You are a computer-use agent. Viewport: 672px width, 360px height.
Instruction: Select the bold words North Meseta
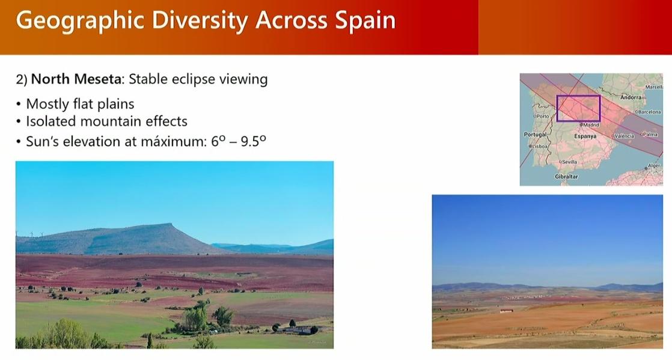point(77,79)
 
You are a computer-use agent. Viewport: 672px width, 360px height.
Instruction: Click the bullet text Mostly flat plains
point(80,104)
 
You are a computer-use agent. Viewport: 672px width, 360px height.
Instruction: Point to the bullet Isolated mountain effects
point(107,121)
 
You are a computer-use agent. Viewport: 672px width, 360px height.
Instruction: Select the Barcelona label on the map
point(648,112)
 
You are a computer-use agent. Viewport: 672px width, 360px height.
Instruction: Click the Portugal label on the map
point(536,135)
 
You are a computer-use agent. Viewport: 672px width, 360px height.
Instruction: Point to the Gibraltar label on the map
point(566,177)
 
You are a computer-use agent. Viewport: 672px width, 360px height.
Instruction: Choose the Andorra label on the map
point(631,97)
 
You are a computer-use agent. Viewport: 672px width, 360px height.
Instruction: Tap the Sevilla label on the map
point(568,162)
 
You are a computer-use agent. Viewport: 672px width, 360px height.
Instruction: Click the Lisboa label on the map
point(539,146)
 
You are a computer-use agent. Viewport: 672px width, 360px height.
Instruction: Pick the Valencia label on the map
point(623,136)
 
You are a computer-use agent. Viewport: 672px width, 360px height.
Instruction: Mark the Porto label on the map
point(542,116)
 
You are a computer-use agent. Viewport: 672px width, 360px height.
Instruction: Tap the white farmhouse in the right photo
point(506,311)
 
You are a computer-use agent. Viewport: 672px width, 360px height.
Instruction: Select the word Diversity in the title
point(200,21)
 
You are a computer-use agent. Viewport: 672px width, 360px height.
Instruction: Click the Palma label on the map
point(649,134)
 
